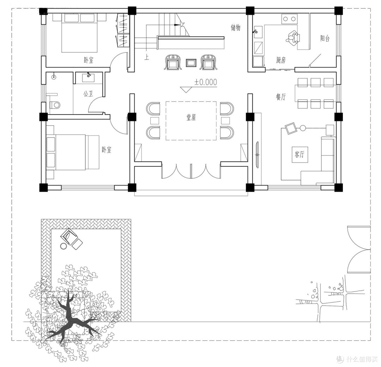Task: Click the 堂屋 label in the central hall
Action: tap(191, 118)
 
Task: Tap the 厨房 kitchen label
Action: tap(281, 60)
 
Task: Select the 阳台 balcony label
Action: tap(325, 38)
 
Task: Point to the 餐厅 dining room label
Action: tap(281, 97)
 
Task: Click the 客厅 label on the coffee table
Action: tap(300, 154)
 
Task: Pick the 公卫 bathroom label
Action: tap(88, 94)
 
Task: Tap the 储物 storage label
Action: tap(235, 28)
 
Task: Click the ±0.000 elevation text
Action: tap(206, 82)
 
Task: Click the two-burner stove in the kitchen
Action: tap(289, 19)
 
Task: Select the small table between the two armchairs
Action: tap(191, 63)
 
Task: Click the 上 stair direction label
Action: tap(146, 57)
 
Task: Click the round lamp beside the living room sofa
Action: tap(303, 128)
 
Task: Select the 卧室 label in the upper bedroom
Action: tap(89, 60)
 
